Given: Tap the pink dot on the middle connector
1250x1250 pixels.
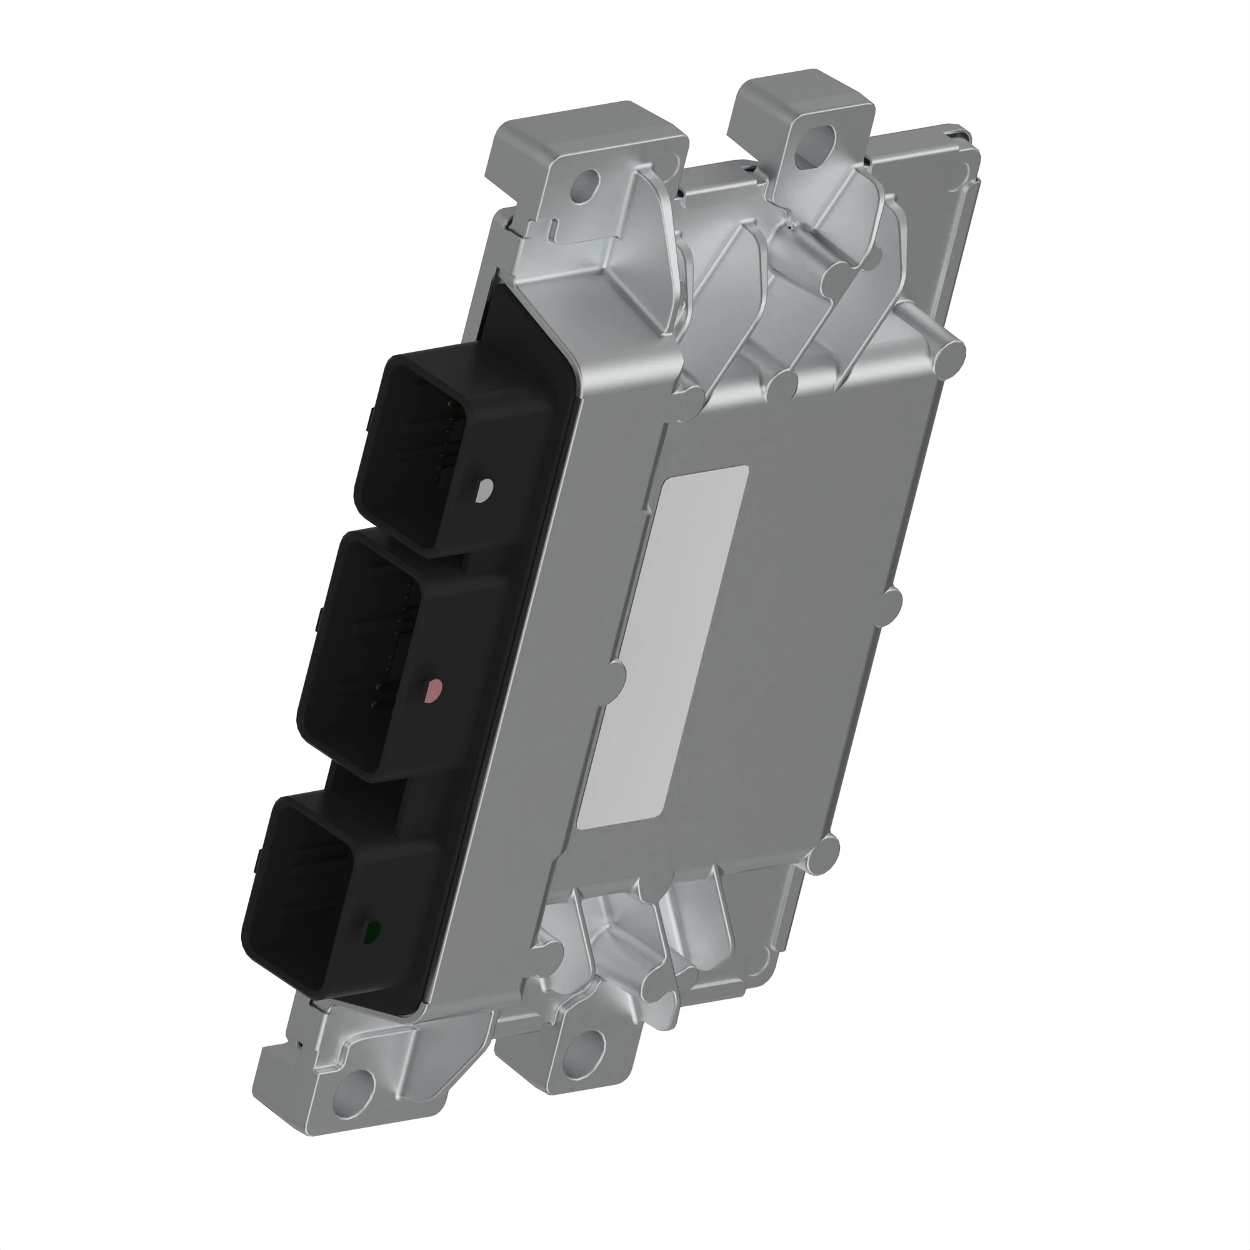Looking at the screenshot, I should coord(431,692).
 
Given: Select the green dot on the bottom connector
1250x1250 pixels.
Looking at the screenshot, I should coord(372,932).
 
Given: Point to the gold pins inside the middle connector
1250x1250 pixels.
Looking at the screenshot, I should coord(391,654).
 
